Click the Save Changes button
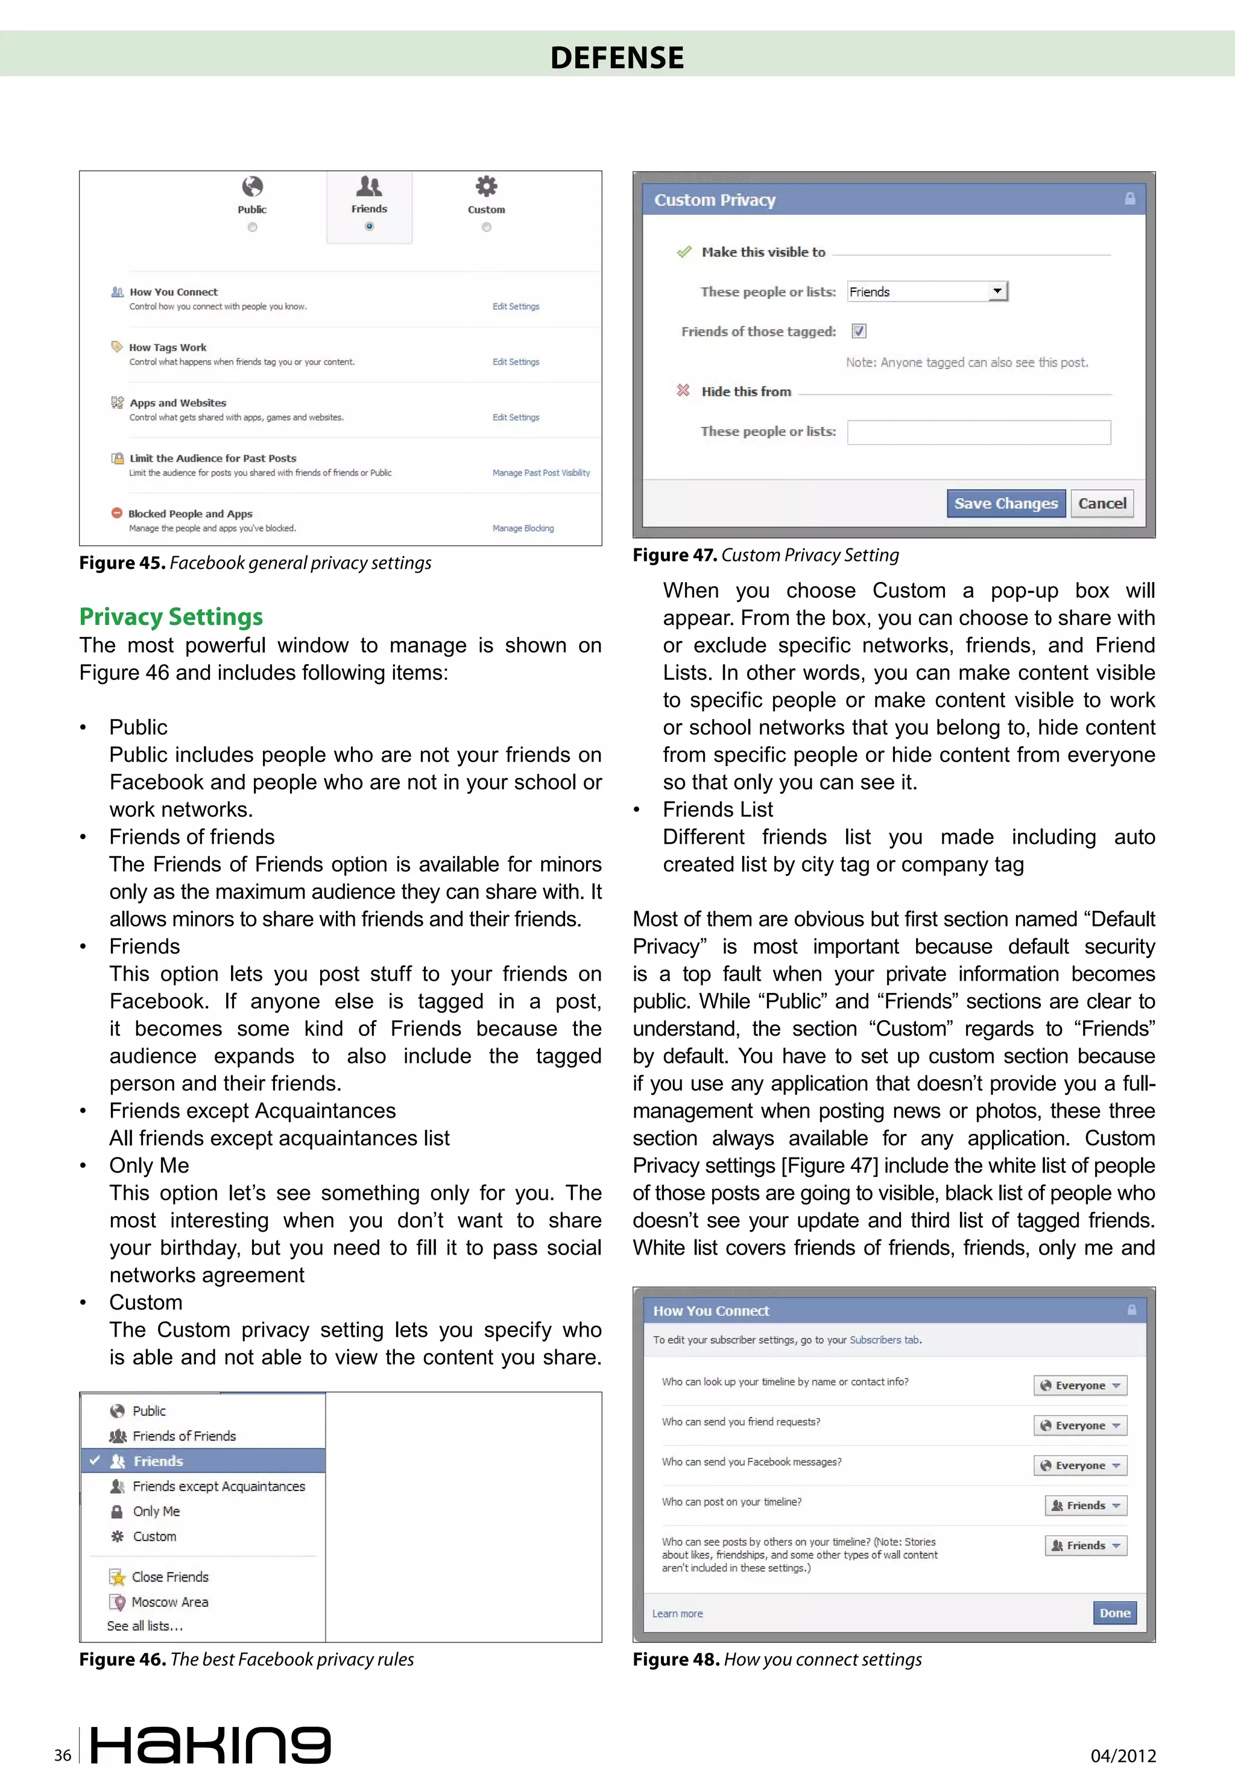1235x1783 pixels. click(1005, 504)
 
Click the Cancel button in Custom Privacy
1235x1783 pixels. click(1102, 504)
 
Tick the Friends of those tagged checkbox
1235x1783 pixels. click(858, 331)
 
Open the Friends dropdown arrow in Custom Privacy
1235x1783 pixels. click(997, 291)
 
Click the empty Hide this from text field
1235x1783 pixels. click(978, 432)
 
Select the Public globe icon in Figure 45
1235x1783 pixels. click(252, 186)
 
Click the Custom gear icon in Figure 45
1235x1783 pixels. click(486, 186)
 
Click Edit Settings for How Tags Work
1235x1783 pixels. click(516, 362)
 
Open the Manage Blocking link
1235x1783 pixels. click(523, 528)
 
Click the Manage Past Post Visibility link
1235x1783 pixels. click(541, 473)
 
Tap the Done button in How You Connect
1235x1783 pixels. click(1114, 1613)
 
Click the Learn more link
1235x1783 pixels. click(677, 1614)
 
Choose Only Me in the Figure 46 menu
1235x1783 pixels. click(156, 1512)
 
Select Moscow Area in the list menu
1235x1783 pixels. click(169, 1602)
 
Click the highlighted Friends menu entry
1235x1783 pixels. click(158, 1461)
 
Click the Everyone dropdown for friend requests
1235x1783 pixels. click(1080, 1425)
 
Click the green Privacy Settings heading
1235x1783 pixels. click(171, 617)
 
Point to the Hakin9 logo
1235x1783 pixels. click(210, 1746)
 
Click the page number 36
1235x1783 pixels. click(63, 1755)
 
